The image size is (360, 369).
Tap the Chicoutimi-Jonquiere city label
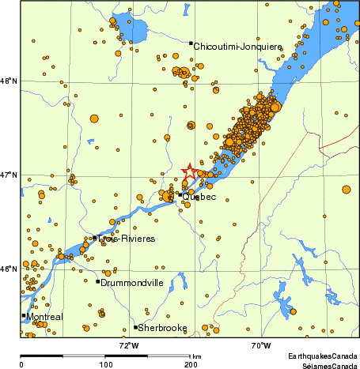[237, 47]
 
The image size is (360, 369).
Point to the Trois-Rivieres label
[120, 238]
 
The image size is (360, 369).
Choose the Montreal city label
[44, 318]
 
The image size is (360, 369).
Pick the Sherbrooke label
[162, 328]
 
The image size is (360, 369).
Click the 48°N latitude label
[9, 81]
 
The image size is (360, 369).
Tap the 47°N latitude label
[9, 175]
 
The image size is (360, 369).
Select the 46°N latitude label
[9, 269]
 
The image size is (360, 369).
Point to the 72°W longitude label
[128, 345]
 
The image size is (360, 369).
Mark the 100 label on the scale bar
[104, 364]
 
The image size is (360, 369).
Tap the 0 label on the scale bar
[21, 364]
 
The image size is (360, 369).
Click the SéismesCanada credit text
[328, 366]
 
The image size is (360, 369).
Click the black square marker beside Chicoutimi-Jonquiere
[191, 43]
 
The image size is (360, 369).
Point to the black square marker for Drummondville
[97, 281]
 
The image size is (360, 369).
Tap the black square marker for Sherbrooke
[135, 327]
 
